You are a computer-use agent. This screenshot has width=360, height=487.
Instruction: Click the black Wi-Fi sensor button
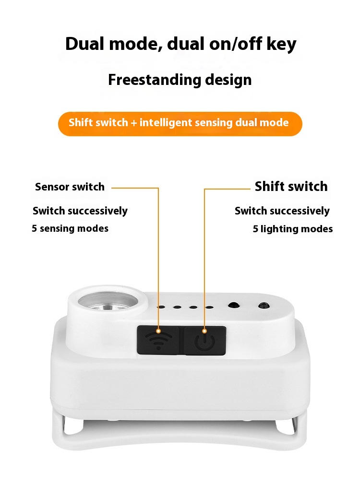tap(158, 340)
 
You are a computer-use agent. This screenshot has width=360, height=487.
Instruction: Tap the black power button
tap(205, 340)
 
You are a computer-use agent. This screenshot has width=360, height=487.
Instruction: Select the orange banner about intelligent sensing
tap(180, 124)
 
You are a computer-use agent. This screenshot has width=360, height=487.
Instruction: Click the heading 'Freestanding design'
tap(180, 80)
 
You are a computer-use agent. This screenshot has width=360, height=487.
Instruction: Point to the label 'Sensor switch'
tap(70, 187)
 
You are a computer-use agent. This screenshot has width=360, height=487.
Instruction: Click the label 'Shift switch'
tap(291, 186)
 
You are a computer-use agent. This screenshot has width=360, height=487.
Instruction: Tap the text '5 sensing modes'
tap(70, 228)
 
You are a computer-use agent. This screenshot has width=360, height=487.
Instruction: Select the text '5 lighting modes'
tap(293, 229)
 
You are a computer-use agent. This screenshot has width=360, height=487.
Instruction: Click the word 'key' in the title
tap(281, 44)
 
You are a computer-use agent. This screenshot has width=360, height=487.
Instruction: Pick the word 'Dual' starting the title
tap(84, 43)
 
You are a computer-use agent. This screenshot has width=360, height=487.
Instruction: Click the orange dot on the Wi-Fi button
tap(158, 331)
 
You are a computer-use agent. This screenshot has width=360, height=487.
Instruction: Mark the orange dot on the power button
tap(204, 331)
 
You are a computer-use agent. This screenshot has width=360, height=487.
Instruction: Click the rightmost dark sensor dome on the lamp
tap(264, 306)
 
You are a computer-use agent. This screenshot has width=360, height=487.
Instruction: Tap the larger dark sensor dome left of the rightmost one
tap(233, 305)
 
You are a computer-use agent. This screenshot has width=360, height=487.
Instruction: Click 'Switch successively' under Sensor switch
tap(80, 211)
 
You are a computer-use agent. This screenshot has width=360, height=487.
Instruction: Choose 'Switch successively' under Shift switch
tap(282, 211)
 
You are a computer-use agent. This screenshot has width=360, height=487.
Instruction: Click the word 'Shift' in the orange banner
tap(79, 122)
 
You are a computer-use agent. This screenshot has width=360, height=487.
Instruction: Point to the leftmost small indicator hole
tap(161, 307)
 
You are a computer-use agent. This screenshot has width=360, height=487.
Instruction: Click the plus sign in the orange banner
tap(134, 123)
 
